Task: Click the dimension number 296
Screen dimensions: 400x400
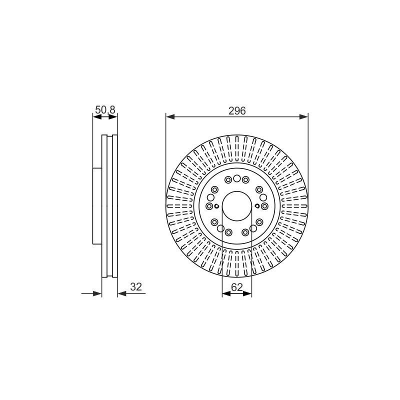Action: click(237, 110)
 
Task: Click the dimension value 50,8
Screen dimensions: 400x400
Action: click(105, 110)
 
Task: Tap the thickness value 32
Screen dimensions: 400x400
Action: click(136, 286)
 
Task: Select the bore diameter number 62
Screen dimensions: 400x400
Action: click(236, 287)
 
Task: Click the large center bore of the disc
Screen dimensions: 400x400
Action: click(237, 206)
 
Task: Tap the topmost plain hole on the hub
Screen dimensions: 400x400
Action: click(237, 178)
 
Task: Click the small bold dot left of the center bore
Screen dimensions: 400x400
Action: click(216, 206)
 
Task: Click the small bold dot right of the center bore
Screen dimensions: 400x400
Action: click(257, 206)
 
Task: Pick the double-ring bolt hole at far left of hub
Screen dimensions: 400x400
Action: click(209, 206)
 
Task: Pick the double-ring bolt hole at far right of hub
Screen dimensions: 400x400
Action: click(264, 206)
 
